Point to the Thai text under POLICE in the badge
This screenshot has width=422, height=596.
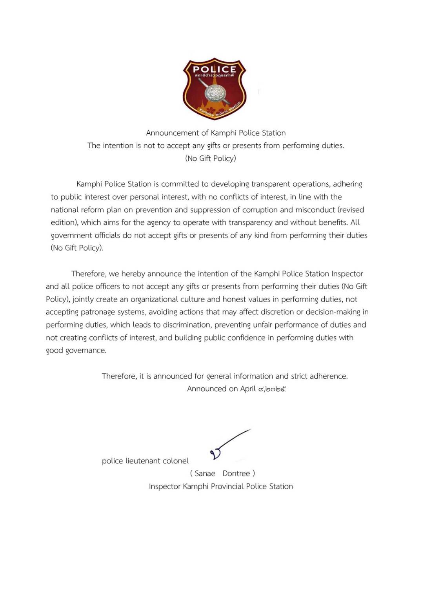pos(215,75)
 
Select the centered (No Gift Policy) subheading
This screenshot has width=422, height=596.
pos(211,158)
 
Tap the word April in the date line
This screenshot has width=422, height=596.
pos(247,389)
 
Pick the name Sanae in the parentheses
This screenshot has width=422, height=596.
pos(205,474)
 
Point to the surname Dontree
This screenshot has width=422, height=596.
pos(236,474)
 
